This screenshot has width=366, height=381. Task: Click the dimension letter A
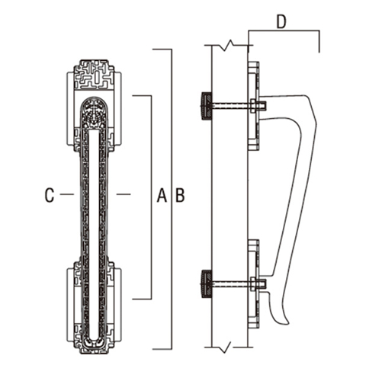[x=162, y=195]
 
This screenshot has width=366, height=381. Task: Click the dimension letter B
[x=180, y=195]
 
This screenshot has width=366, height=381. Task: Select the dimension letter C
[x=50, y=195]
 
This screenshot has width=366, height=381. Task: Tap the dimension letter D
[x=281, y=22]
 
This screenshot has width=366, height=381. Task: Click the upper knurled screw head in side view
[x=206, y=106]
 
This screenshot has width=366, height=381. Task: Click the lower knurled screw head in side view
[x=206, y=283]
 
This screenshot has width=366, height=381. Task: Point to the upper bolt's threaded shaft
[x=231, y=106]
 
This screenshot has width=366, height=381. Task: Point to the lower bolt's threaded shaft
[x=231, y=283]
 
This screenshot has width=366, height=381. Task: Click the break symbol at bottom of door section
[x=225, y=347]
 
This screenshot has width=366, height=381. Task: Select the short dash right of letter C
[x=67, y=194]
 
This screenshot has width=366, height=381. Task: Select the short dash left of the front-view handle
[x=67, y=194]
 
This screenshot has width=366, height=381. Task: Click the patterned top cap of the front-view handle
[x=94, y=75]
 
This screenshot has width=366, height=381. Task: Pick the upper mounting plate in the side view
[x=254, y=106]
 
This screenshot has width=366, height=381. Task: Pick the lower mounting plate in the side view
[x=254, y=284]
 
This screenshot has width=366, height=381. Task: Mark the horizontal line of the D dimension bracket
[x=284, y=30]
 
